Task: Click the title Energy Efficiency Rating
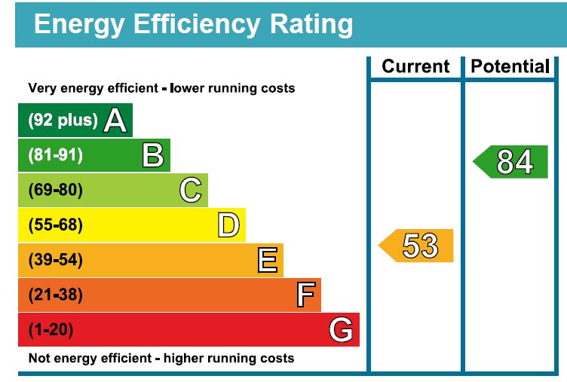coord(193,25)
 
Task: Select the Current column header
coord(415,66)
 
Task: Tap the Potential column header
coord(510,66)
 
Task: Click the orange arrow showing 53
coord(417,246)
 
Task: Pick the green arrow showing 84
coord(512,161)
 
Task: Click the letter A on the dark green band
coord(115,121)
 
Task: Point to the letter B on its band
coord(153,155)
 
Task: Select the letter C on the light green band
coord(191,190)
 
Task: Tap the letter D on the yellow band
coord(228,225)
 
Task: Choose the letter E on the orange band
coord(267,260)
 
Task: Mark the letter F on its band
coord(305,295)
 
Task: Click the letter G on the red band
coord(342,329)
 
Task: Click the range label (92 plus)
coord(63,121)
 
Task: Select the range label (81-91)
coord(55,155)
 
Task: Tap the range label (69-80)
coord(55,190)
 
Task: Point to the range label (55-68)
coord(55,225)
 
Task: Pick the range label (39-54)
coord(55,260)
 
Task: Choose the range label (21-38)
coord(55,295)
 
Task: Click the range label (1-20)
coord(51,329)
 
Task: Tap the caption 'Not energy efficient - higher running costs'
coord(161,358)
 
